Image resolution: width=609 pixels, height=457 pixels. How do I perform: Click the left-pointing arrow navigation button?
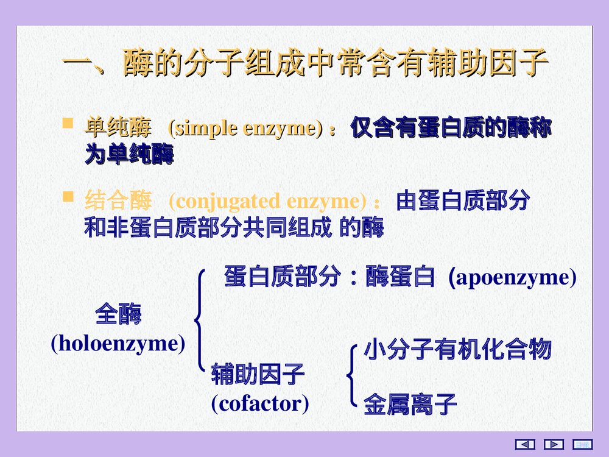click(525, 444)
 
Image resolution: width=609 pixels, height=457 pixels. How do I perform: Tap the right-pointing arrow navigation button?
click(554, 444)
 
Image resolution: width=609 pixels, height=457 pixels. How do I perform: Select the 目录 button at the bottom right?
click(583, 444)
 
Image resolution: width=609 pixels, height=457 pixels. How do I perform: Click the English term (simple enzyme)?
click(245, 129)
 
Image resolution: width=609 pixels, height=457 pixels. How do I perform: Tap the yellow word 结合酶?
click(118, 200)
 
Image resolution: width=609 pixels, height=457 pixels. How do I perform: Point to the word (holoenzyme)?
click(118, 344)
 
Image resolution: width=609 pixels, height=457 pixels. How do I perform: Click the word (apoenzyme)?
click(512, 278)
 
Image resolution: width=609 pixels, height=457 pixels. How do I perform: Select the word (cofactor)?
click(259, 403)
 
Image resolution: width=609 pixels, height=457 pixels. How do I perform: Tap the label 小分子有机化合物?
click(457, 350)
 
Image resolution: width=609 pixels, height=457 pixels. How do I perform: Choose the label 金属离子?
click(410, 404)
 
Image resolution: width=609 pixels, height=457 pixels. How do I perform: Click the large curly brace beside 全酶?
click(199, 320)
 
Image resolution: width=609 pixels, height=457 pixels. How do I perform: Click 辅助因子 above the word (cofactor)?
click(258, 374)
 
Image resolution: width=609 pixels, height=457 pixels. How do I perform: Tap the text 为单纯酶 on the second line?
click(129, 156)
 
